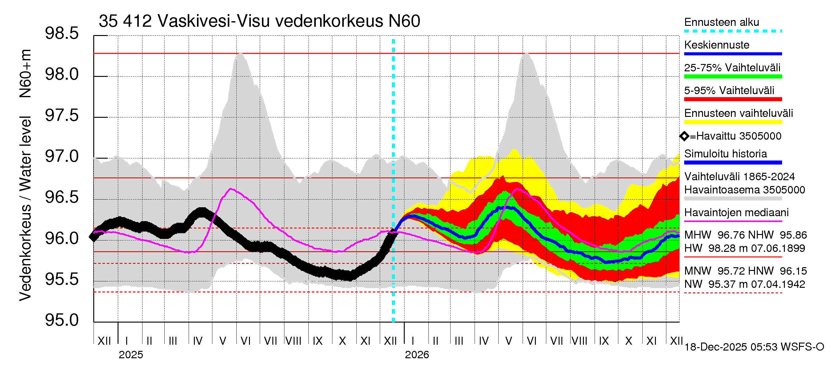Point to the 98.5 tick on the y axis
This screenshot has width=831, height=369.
(62, 34)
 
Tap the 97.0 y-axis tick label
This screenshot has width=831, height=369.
(62, 157)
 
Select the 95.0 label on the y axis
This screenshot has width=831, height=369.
(62, 320)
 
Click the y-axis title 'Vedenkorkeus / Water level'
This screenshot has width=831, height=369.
(25, 209)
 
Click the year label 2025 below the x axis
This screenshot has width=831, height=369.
(130, 355)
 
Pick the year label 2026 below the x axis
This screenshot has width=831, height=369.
(417, 355)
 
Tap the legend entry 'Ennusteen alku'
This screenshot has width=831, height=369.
(721, 22)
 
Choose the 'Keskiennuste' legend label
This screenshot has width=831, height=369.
(717, 45)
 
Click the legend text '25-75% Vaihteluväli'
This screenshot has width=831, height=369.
(732, 68)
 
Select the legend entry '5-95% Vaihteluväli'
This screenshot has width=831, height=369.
(729, 90)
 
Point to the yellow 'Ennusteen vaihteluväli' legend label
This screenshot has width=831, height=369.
(738, 113)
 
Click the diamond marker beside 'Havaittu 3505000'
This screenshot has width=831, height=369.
(684, 136)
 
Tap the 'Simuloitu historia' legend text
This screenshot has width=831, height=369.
(725, 154)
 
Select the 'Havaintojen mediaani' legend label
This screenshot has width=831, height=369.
(736, 213)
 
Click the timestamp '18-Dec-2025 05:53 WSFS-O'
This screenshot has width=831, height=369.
(754, 347)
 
